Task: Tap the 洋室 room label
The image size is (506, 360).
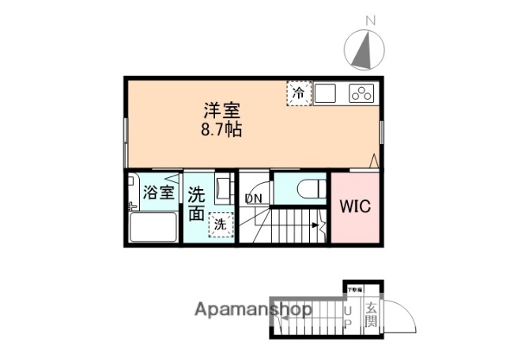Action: click(221, 111)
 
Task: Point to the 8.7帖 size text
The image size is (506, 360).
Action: click(221, 130)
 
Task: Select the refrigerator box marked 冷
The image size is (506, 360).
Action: click(298, 94)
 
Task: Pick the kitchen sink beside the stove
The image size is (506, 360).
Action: click(327, 94)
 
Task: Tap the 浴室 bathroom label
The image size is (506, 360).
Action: click(159, 192)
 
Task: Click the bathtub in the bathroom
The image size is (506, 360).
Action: click(153, 228)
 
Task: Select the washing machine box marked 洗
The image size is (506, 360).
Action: click(221, 225)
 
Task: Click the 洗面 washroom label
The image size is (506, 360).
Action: click(197, 203)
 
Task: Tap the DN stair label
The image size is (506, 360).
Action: click(253, 198)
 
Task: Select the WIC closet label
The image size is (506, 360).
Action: click(355, 208)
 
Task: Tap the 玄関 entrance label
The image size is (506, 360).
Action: click(371, 316)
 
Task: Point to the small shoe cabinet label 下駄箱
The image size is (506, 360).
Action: click(352, 290)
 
